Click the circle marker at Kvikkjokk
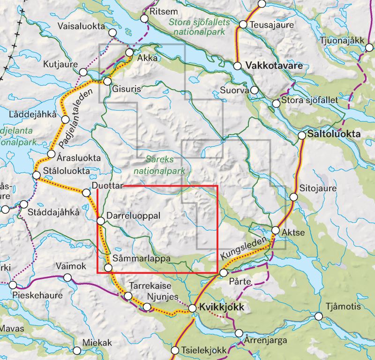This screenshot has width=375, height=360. click(x=192, y=308)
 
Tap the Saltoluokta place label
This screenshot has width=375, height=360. click(x=335, y=135)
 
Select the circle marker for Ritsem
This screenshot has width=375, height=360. click(x=144, y=18)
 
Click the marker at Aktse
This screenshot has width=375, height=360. click(x=276, y=230)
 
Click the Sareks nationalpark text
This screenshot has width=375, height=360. click(x=159, y=165)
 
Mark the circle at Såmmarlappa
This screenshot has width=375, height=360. click(x=108, y=268)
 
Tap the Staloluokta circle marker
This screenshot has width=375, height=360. click(x=37, y=175)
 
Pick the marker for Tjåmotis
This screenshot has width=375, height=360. click(x=319, y=316)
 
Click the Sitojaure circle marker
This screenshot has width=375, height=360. click(x=294, y=197)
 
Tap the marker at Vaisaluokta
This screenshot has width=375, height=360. click(x=112, y=32)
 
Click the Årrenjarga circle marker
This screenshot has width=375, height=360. click(x=240, y=334)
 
